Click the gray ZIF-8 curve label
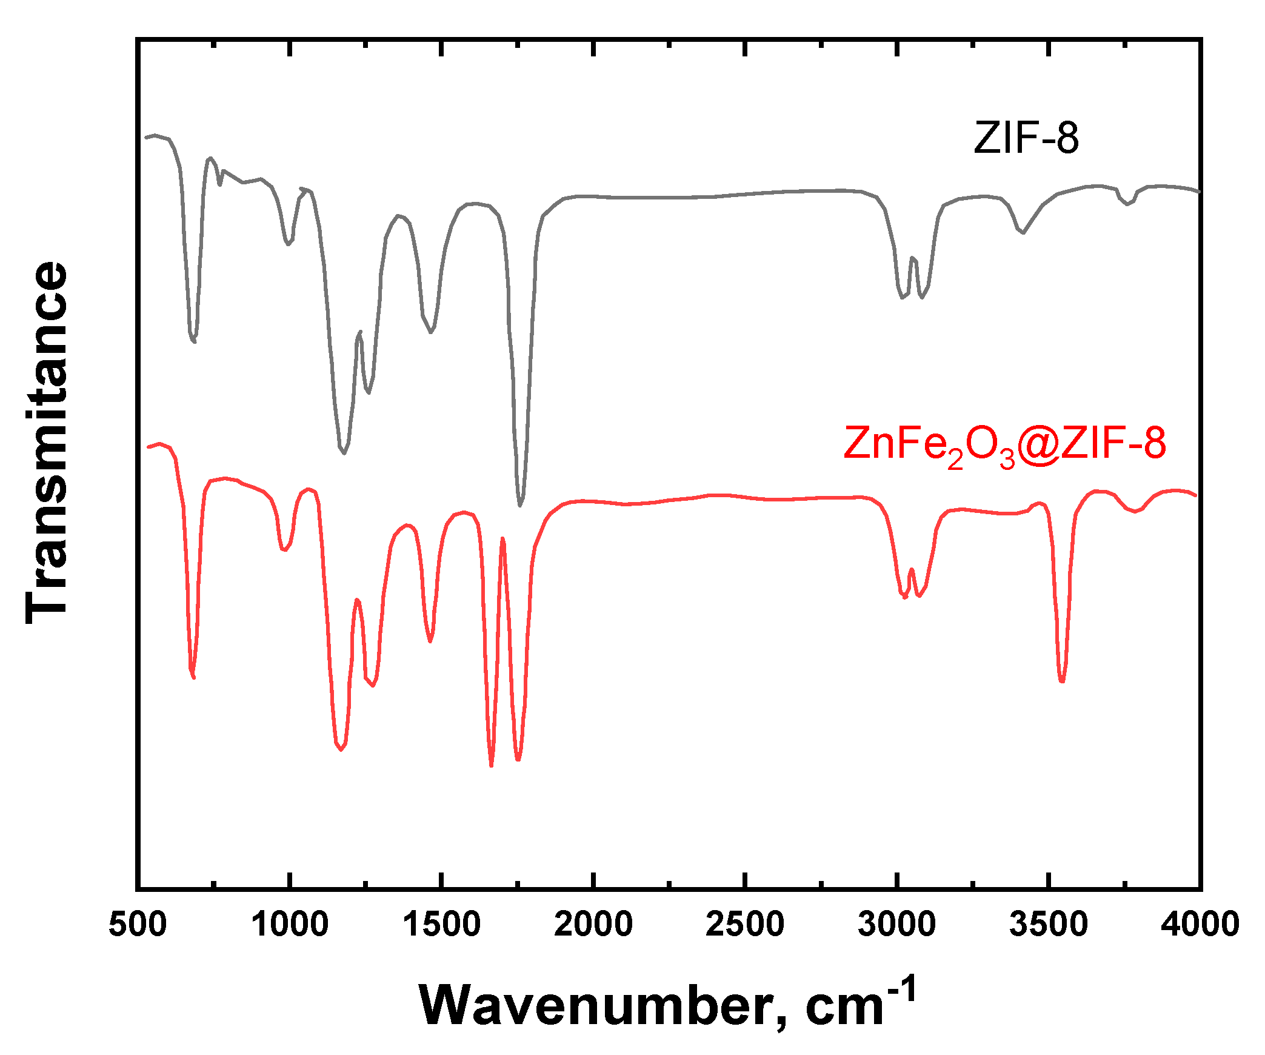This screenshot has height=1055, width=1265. [1026, 138]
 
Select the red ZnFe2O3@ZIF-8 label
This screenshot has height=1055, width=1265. [1004, 444]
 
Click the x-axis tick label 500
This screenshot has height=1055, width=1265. [138, 925]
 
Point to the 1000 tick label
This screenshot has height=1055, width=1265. [290, 925]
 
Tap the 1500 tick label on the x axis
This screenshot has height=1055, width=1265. [442, 925]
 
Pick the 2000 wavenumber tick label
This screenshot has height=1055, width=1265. [593, 925]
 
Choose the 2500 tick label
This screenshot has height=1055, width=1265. [745, 925]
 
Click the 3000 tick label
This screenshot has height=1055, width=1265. [896, 925]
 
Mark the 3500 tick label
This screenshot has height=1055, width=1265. [1049, 925]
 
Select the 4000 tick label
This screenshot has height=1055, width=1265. [1200, 925]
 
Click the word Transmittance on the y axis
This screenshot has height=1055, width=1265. [47, 443]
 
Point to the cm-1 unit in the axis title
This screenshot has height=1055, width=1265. [861, 1000]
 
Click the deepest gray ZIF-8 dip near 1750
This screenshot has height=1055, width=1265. [519, 505]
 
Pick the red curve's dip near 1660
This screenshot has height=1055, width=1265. [491, 766]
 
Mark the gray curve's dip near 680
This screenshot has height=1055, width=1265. [193, 342]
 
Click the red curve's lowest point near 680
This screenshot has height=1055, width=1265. [193, 678]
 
